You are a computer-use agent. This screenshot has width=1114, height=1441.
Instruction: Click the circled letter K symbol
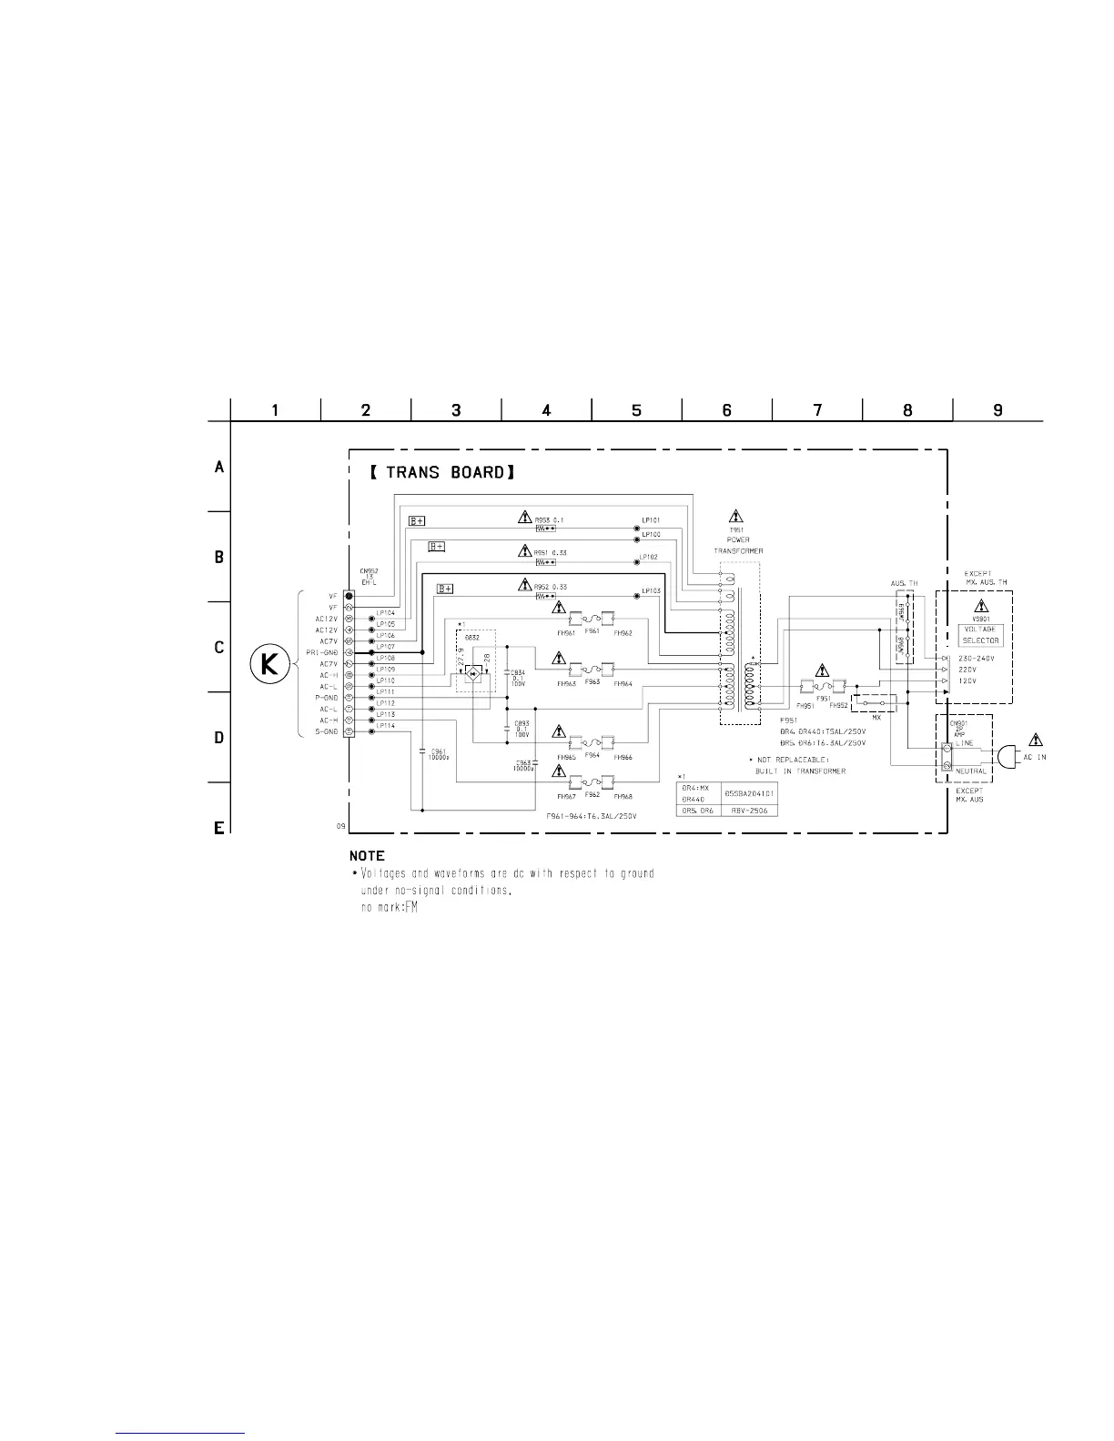[x=270, y=666]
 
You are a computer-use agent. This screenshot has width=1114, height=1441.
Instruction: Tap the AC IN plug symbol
[x=1007, y=757]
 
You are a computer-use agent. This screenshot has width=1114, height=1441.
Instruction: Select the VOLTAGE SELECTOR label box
[x=979, y=634]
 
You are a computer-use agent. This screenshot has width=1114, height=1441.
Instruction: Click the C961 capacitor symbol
[x=422, y=751]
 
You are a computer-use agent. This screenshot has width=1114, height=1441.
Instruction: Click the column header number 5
[x=636, y=410]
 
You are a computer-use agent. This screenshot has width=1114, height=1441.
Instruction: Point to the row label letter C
[x=218, y=648]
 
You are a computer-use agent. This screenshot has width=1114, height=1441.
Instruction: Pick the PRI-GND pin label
[x=321, y=653]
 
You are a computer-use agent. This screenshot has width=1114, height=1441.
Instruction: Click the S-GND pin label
[x=326, y=731]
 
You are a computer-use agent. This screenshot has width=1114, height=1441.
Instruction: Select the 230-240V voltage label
[x=977, y=658]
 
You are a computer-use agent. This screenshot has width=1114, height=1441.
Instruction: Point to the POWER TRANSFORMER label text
[x=738, y=546]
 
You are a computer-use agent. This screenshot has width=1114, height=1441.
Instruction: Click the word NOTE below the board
[x=367, y=856]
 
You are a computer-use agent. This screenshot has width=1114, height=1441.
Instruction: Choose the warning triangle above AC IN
[x=1035, y=740]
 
